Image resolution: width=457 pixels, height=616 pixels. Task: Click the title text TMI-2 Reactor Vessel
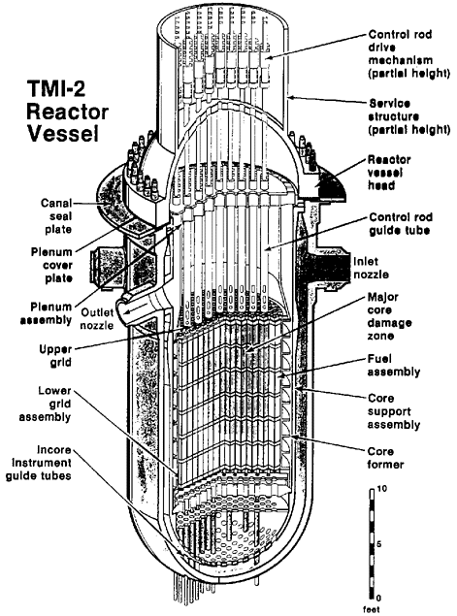point(67,112)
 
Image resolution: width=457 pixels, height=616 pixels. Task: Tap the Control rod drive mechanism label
point(408,53)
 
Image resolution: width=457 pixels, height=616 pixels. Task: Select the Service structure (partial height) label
point(408,116)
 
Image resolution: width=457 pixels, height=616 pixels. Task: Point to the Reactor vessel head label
point(389,173)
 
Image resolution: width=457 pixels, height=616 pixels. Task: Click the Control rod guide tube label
point(401,223)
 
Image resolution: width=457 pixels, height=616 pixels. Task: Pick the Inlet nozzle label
point(372,268)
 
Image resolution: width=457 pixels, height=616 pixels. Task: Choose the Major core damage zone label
point(389,316)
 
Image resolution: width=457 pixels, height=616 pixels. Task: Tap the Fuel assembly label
point(394,366)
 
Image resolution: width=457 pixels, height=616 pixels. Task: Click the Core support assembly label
point(394,411)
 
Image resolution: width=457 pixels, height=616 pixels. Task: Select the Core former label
point(385,458)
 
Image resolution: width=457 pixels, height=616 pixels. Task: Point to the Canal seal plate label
point(57,216)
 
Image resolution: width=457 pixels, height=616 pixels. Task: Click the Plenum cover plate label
point(51,265)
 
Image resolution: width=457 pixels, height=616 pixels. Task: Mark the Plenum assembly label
point(47,313)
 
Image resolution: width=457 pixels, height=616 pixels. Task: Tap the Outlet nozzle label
point(97,318)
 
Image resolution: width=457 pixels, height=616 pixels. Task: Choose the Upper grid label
point(56,356)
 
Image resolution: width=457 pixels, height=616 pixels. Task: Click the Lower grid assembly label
point(46,404)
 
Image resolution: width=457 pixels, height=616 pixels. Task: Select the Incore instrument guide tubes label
point(39,463)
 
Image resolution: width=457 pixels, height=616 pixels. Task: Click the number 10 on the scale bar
point(381,489)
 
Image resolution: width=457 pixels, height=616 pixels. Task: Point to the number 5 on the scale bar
point(379,544)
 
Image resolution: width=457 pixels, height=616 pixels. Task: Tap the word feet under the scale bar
point(371,609)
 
